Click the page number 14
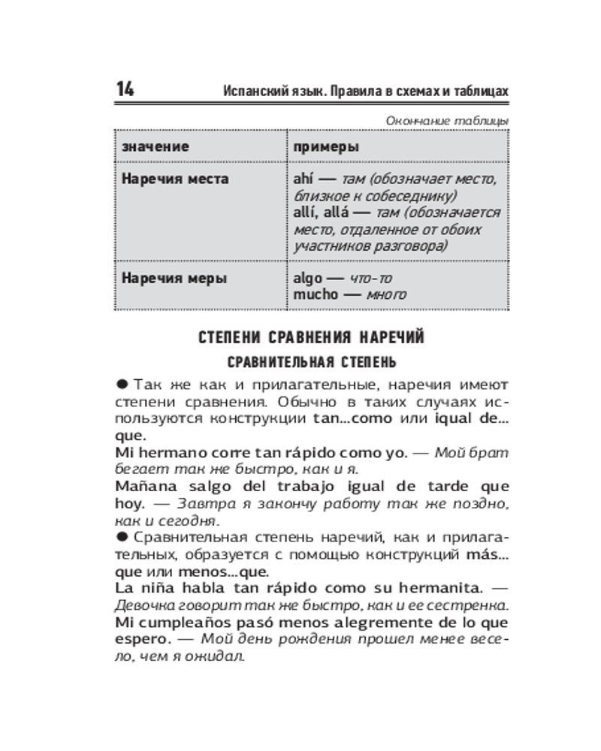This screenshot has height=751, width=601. click(125, 89)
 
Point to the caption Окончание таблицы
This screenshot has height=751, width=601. click(446, 120)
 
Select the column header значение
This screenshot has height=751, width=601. click(156, 146)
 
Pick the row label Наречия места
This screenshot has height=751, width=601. click(175, 179)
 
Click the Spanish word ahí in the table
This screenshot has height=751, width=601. click(304, 179)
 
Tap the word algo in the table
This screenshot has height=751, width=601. click(308, 278)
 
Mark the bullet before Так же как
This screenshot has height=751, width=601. click(121, 383)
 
